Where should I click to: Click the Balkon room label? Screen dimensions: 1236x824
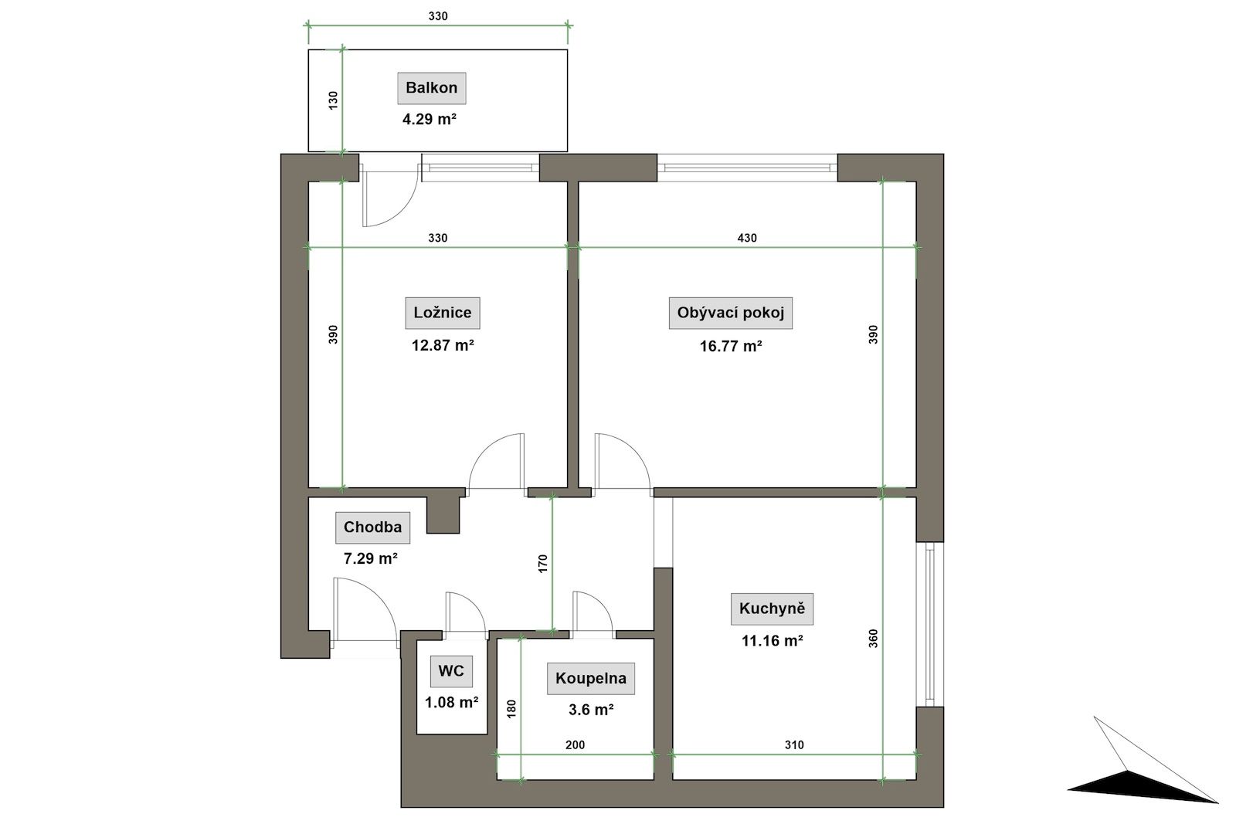432,88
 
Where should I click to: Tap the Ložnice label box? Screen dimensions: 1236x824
443,314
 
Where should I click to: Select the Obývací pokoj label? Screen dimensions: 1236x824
731,314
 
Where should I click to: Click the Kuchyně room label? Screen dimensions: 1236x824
772,609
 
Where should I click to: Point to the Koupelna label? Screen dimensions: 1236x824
591,678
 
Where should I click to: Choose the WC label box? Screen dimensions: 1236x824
451,671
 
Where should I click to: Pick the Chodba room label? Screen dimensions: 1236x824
372,527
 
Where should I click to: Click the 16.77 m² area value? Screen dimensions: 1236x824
731,347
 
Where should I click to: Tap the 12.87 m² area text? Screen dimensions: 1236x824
443,346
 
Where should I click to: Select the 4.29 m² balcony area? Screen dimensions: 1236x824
430,119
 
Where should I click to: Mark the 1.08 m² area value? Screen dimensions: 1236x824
451,703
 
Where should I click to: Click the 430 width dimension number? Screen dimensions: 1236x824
747,238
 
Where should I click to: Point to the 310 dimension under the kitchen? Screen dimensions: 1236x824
794,745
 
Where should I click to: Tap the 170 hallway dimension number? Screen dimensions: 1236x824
543,564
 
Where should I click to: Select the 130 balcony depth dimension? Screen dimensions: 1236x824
333,100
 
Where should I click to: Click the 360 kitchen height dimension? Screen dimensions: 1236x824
873,639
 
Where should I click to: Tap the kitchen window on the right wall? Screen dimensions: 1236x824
930,624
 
